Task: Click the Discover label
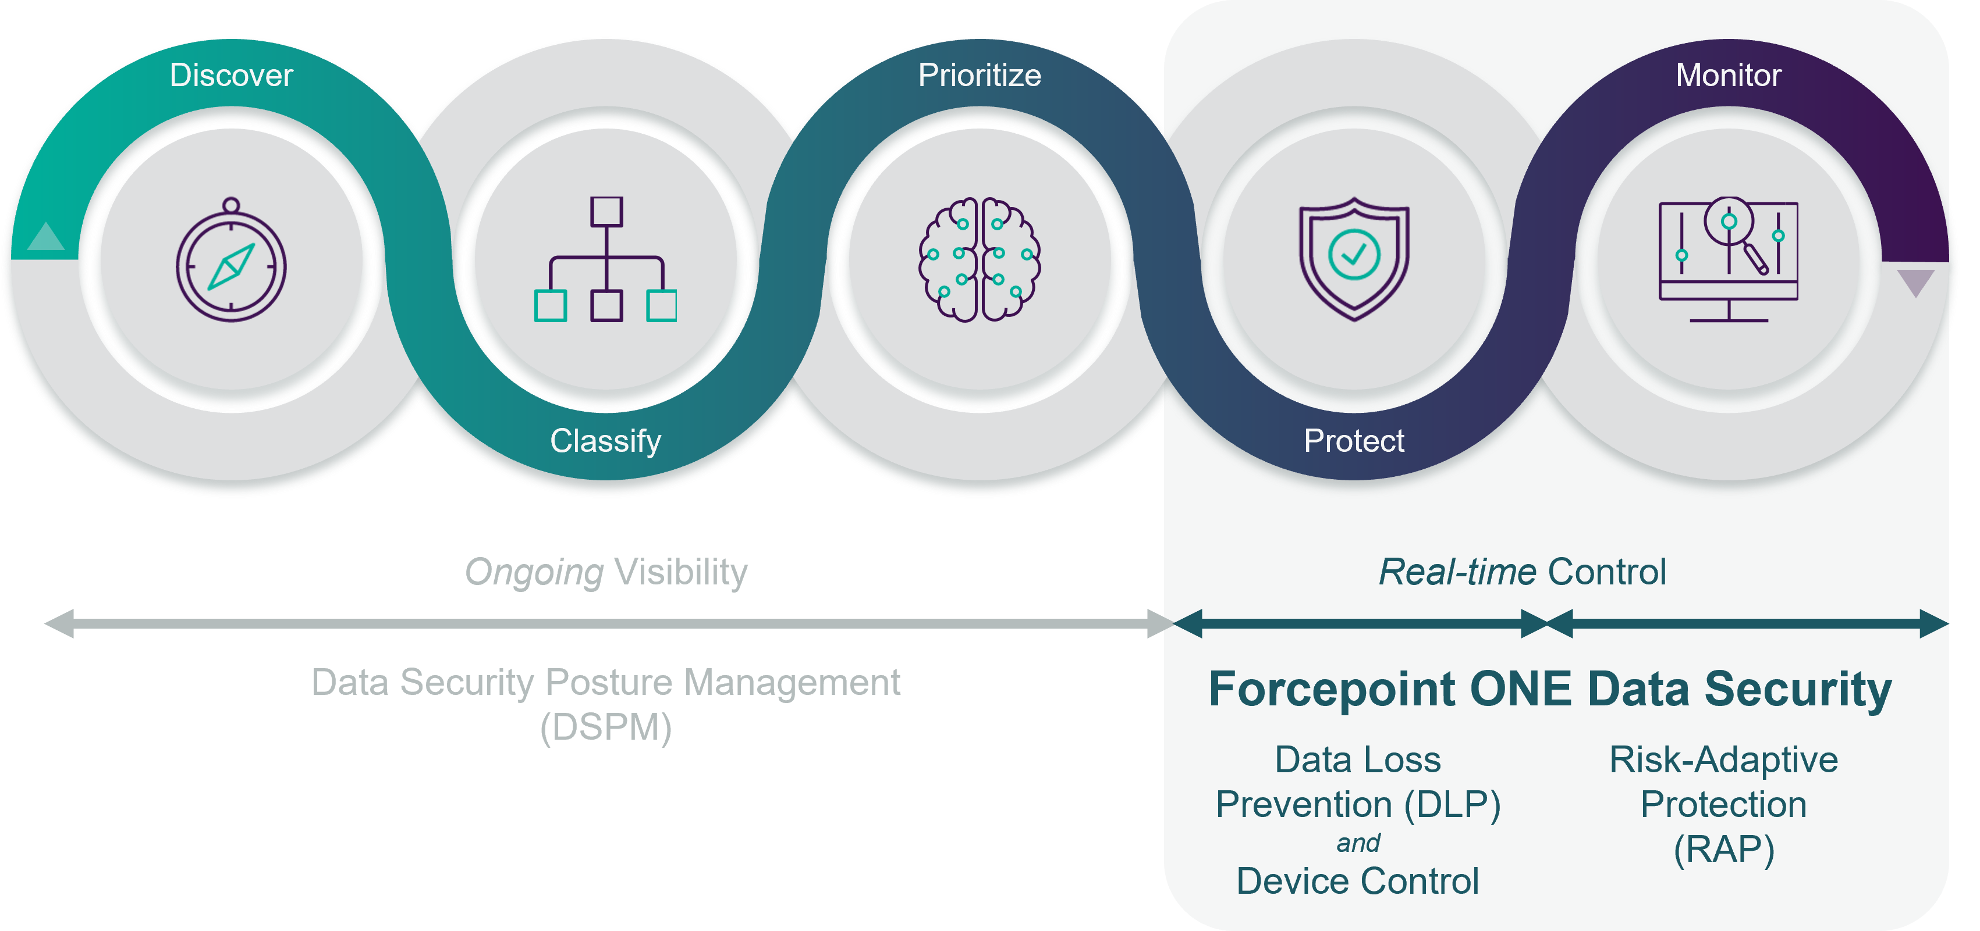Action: (232, 75)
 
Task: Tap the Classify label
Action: (606, 441)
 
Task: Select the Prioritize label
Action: (980, 75)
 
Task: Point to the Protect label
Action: (1354, 441)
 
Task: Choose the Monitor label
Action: (1728, 75)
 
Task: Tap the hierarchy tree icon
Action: (606, 259)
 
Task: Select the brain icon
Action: (980, 259)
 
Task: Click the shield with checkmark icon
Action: (1354, 259)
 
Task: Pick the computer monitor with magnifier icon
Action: (1728, 259)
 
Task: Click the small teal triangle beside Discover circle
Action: (45, 238)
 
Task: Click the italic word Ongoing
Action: (534, 572)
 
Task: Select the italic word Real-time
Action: (1457, 572)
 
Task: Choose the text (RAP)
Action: (1724, 850)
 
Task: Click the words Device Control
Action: (1357, 881)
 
